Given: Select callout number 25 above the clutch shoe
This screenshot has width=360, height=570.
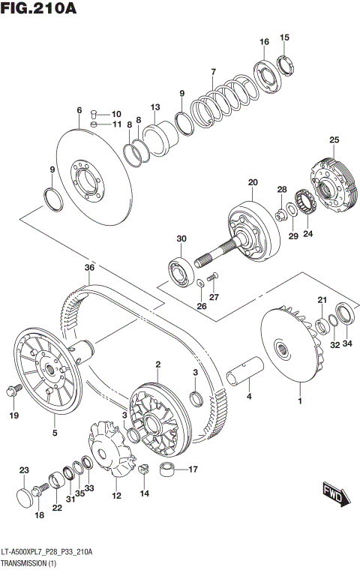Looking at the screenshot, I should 334,139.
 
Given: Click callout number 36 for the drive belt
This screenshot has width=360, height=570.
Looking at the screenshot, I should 89,268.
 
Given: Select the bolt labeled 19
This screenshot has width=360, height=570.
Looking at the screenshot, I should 13,389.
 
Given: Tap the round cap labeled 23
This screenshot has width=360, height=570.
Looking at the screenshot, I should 25,498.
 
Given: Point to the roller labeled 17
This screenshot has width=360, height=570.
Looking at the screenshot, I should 169,471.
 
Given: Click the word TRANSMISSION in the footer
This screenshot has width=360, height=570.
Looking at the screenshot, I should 25,560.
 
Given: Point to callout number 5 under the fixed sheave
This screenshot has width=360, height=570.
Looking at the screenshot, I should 54,432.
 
